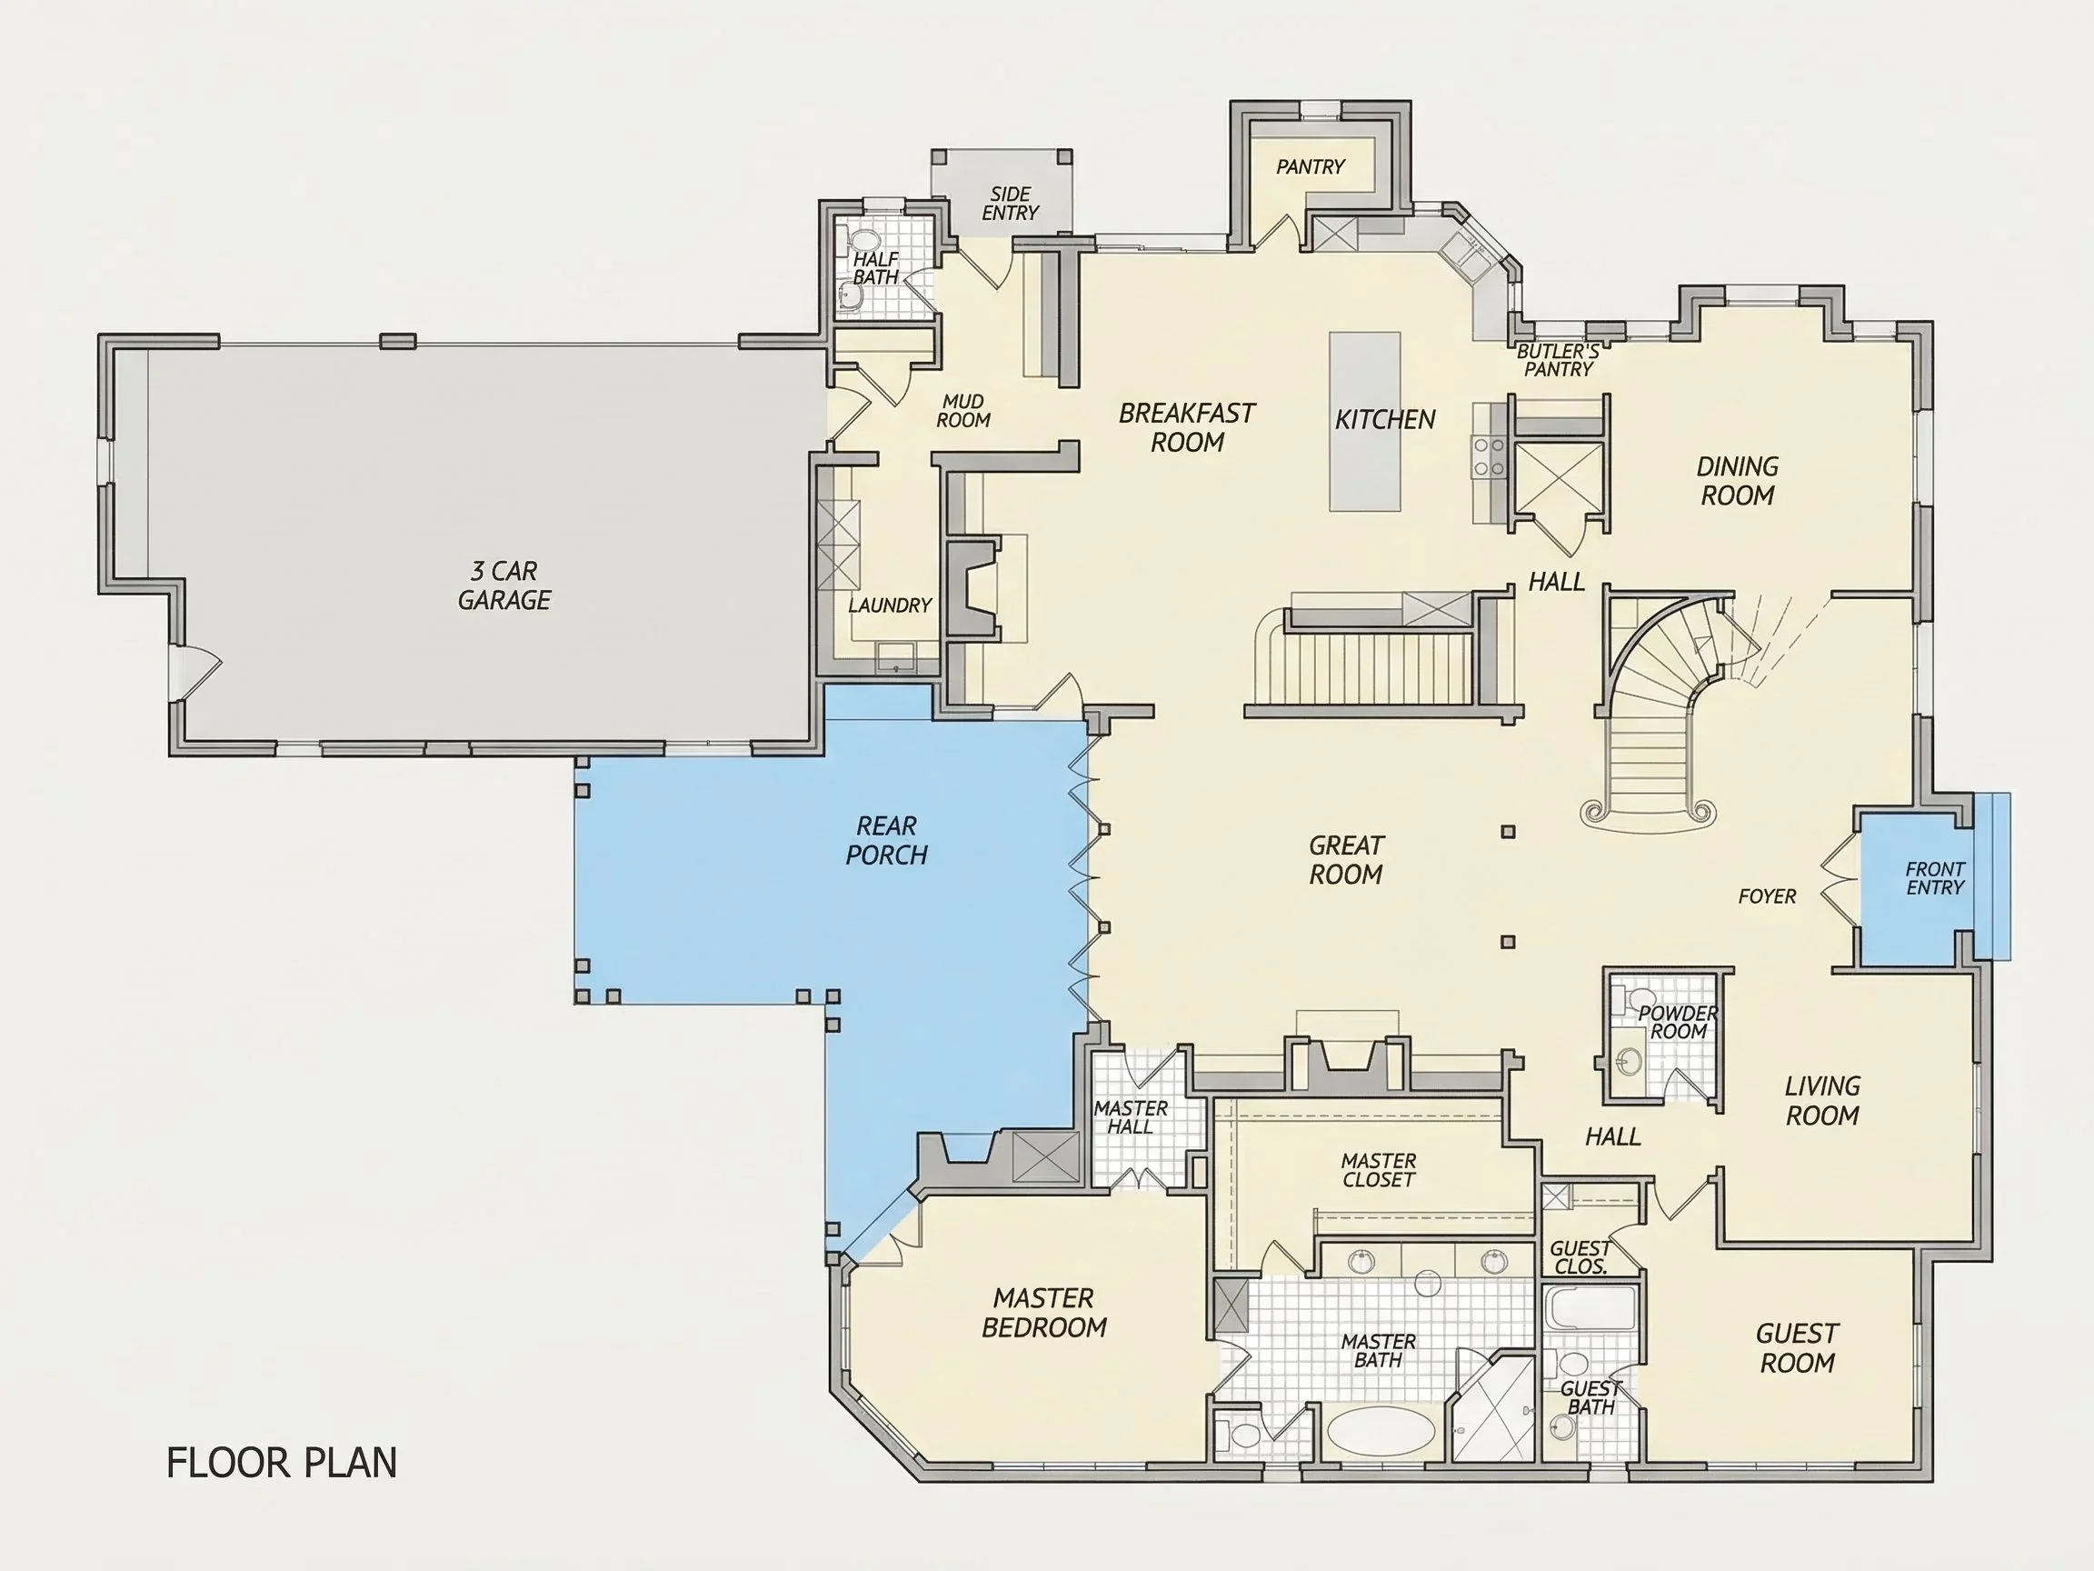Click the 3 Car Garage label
point(504,585)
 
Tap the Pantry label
point(1311,166)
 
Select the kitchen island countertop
point(1364,422)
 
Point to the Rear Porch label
point(886,840)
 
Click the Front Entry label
point(1935,878)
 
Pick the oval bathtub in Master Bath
point(1381,1430)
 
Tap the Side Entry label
point(1010,204)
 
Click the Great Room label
point(1346,860)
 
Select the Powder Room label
point(1679,1022)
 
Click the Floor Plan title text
point(281,1462)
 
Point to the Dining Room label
point(1737,481)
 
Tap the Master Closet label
point(1379,1170)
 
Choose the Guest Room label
point(1797,1348)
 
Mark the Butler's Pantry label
point(1558,361)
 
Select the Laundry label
point(890,605)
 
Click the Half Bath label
point(875,268)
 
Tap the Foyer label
point(1767,896)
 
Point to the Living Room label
point(1822,1100)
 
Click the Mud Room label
point(963,411)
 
